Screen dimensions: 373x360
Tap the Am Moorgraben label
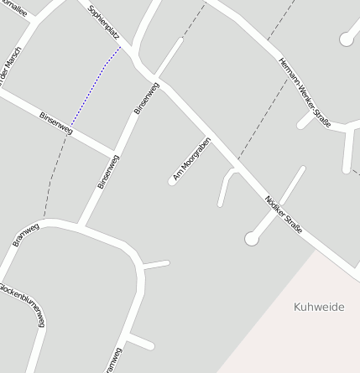coord(190,159)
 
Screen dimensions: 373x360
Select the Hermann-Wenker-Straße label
coord(305,92)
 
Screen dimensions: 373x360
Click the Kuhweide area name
coord(319,307)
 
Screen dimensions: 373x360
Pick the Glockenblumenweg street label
coord(23,307)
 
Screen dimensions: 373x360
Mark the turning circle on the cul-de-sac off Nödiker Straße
coord(251,239)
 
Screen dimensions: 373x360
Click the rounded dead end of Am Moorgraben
coord(172,180)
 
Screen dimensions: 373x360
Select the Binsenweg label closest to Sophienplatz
coord(146,97)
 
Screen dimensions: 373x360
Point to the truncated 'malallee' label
coord(15,9)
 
